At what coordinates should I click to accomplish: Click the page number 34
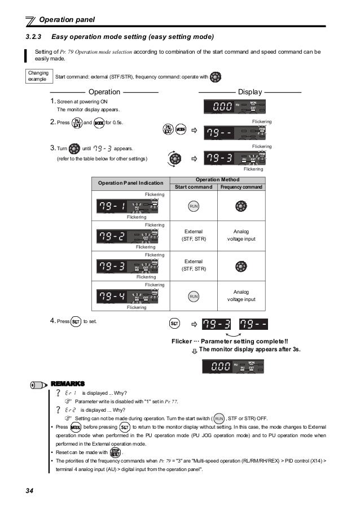30,490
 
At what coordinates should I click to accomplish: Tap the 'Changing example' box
38,76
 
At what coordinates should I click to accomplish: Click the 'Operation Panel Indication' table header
130,184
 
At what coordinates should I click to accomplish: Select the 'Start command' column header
194,188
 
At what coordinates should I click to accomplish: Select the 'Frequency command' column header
241,188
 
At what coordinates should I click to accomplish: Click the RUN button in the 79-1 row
194,206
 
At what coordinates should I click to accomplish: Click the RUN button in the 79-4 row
194,296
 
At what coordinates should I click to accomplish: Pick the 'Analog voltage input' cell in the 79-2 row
241,236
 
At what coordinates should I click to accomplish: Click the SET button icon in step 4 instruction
76,321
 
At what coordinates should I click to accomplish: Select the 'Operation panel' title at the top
67,20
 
